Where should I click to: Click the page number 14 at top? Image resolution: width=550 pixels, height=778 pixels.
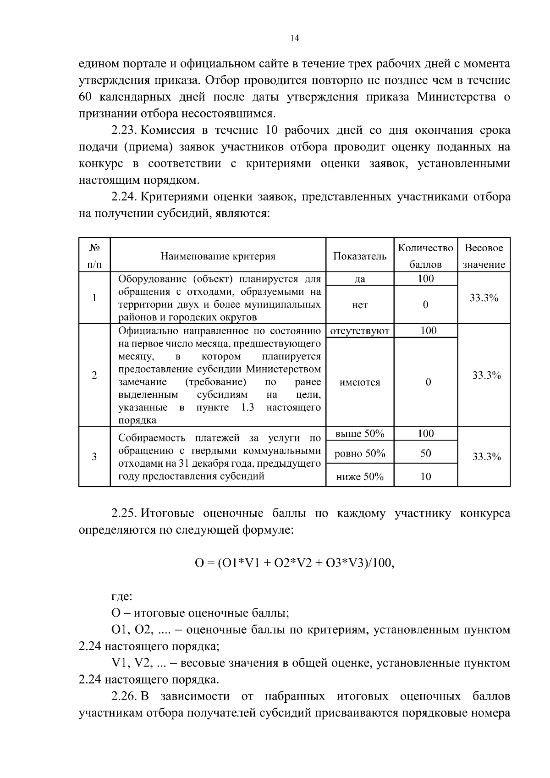(x=295, y=39)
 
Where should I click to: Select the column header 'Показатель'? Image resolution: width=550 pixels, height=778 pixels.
(x=359, y=256)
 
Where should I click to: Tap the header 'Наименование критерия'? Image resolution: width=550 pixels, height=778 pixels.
(x=218, y=256)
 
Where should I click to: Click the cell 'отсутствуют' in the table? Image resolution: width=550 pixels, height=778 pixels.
(x=359, y=331)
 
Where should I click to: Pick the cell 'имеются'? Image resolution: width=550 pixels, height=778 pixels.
(x=359, y=382)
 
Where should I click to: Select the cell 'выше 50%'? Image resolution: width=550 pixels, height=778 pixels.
(x=359, y=434)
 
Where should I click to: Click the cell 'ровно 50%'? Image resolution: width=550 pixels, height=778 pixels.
(x=359, y=454)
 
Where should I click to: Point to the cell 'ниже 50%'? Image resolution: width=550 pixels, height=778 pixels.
(x=359, y=476)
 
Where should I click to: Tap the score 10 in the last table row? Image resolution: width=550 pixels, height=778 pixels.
(x=425, y=476)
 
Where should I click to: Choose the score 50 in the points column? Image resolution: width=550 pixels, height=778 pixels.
(x=425, y=453)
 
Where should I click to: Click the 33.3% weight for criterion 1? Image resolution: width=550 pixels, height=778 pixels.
(x=484, y=298)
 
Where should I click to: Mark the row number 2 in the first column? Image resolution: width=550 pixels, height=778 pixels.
(x=94, y=375)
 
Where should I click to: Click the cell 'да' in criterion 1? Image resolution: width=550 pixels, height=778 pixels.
(x=359, y=279)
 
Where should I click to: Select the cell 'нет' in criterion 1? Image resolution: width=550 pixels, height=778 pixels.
(x=359, y=305)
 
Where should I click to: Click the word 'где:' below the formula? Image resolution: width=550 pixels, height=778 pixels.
(x=122, y=597)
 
